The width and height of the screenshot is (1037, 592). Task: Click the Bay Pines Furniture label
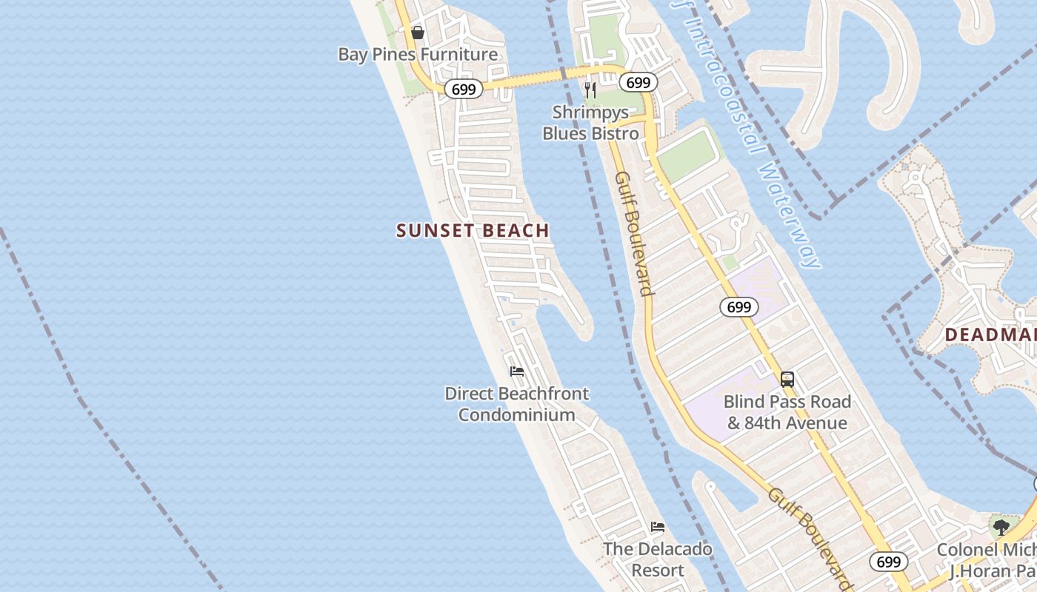tap(418, 54)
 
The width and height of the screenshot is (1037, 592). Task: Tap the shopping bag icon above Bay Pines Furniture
tap(418, 33)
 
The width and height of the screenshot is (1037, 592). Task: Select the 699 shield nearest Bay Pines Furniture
tap(464, 90)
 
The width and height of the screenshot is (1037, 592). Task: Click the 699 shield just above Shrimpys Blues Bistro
tap(638, 82)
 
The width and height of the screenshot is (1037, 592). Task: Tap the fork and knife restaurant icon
tap(590, 90)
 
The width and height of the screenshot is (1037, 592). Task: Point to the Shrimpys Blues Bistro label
tap(590, 123)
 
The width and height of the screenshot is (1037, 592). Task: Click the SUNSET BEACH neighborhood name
tap(473, 230)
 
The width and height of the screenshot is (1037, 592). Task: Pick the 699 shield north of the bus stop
tap(738, 307)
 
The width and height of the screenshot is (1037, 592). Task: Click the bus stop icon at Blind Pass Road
tap(787, 380)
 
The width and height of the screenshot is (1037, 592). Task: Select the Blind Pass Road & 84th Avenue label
tap(787, 412)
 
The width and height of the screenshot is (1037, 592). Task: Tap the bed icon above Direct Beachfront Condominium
tap(517, 371)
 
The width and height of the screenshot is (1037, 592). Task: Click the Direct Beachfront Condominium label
tap(517, 404)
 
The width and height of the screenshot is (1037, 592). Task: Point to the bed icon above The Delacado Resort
tap(658, 527)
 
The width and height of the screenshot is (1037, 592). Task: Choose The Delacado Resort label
tap(658, 559)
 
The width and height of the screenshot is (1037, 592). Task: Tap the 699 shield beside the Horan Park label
tap(888, 562)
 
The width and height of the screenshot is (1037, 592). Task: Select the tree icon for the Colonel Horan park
tap(1001, 528)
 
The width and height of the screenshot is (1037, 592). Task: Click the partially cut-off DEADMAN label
tap(990, 335)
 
